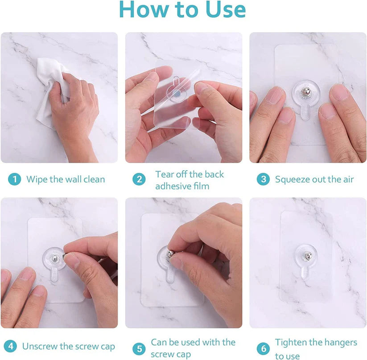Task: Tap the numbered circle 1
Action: click(x=15, y=180)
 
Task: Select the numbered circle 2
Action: click(x=139, y=180)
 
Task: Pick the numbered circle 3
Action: click(x=263, y=180)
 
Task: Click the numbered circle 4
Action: click(x=11, y=346)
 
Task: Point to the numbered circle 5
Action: click(x=139, y=348)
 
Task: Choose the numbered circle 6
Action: click(x=263, y=348)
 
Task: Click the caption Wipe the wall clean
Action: click(x=66, y=180)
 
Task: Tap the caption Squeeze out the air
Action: click(x=314, y=180)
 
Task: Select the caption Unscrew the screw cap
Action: click(x=68, y=346)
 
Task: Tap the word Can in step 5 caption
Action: click(x=159, y=342)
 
